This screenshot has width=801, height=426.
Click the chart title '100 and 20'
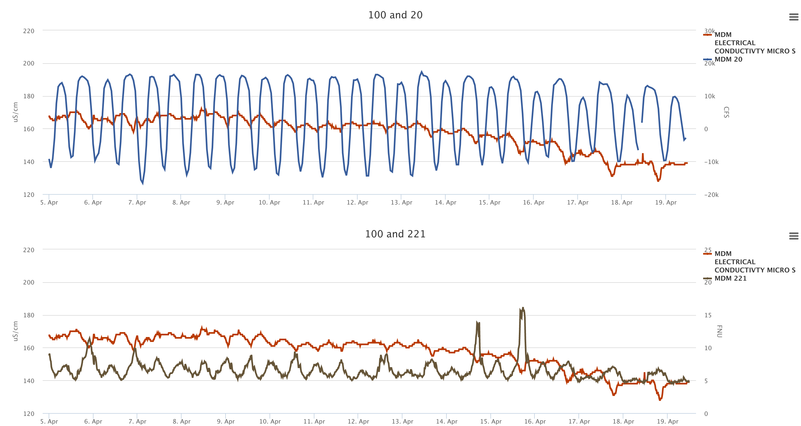[x=395, y=15]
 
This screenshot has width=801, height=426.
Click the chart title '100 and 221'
[x=395, y=234]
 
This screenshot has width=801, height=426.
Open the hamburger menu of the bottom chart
[x=793, y=236]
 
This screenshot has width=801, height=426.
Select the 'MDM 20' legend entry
[x=728, y=59]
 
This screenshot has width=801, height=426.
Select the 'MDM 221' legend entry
[x=730, y=278]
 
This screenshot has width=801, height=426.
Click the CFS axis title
[x=726, y=112]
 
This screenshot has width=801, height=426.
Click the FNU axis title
[x=719, y=331]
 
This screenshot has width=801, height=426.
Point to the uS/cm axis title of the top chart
[x=15, y=112]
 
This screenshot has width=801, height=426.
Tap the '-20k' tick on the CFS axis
[x=711, y=195]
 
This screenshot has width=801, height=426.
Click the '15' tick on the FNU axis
[x=708, y=315]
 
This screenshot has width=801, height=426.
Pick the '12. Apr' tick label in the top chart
[x=357, y=202]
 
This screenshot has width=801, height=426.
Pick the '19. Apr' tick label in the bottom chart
[x=667, y=421]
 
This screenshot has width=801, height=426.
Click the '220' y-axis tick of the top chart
[x=29, y=31]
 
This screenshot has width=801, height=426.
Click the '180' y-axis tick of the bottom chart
[x=29, y=315]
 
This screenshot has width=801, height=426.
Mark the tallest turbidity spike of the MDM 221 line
[x=523, y=308]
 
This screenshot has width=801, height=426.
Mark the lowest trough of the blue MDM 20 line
[x=143, y=184]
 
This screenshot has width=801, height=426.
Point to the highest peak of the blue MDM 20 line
[x=422, y=72]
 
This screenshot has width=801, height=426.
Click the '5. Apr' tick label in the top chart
[x=49, y=202]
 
